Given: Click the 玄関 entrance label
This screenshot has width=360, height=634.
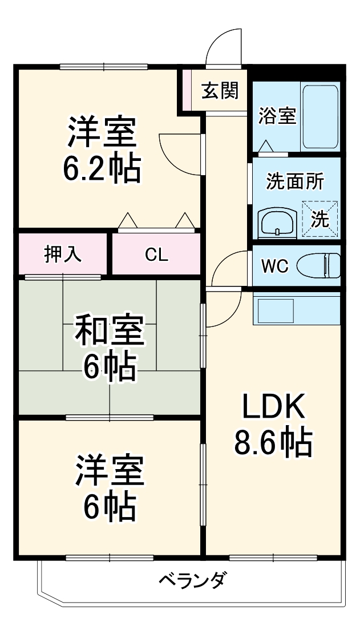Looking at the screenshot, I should [x=219, y=90].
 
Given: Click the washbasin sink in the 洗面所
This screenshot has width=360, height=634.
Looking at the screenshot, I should [x=277, y=222].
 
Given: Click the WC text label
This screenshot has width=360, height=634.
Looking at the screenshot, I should [x=274, y=266].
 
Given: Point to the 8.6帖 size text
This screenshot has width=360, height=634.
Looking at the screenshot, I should [x=273, y=442].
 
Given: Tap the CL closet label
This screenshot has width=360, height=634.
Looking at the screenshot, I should [x=156, y=255].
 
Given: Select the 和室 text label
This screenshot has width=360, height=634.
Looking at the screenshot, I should [x=110, y=333].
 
